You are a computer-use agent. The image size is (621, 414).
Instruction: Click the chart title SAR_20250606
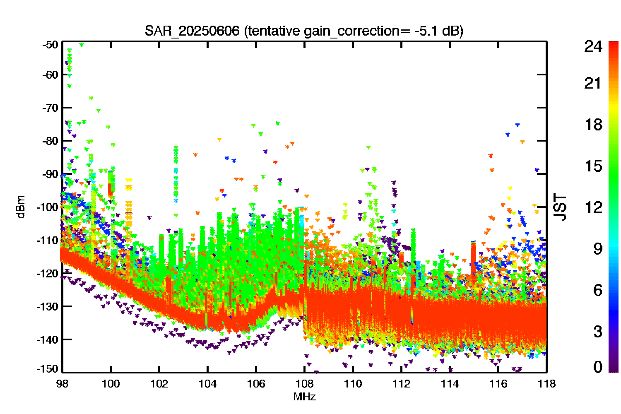click(x=192, y=31)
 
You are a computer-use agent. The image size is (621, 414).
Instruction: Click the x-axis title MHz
click(x=304, y=397)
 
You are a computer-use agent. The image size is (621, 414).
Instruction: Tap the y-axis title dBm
click(x=21, y=207)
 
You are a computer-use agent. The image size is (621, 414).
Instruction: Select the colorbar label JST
click(x=560, y=207)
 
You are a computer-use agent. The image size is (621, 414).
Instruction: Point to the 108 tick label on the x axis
click(x=304, y=384)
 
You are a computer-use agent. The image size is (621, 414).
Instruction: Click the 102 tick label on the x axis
click(x=159, y=384)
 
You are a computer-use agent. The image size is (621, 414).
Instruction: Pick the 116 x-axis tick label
click(x=498, y=384)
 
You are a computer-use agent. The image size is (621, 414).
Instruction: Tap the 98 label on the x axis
click(x=63, y=384)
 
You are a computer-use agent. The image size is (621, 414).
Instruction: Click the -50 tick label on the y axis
click(x=51, y=45)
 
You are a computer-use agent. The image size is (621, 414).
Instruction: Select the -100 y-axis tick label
click(x=48, y=207)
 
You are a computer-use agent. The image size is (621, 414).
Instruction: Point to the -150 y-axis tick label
click(x=48, y=369)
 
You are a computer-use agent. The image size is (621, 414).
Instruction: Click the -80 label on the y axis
click(x=51, y=141)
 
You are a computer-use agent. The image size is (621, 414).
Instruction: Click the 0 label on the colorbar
click(x=598, y=366)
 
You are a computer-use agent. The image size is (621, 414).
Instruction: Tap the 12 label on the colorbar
click(x=594, y=207)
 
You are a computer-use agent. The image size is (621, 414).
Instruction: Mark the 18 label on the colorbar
click(x=594, y=125)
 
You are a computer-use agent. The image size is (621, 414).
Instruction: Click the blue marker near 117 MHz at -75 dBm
click(x=517, y=125)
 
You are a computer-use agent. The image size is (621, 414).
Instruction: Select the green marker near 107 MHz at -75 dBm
click(x=277, y=123)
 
